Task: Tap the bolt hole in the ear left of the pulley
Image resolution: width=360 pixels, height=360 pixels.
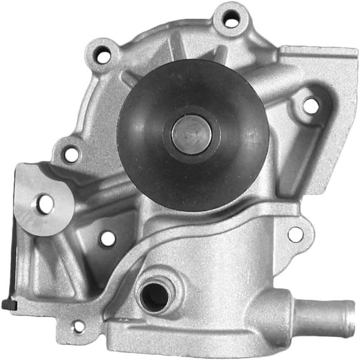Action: [x=72, y=154]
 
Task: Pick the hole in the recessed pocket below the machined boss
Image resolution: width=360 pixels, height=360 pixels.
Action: [x=107, y=238]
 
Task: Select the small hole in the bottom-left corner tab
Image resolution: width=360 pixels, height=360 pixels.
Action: [x=79, y=327]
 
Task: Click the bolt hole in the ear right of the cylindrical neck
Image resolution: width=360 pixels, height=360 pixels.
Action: [x=295, y=234]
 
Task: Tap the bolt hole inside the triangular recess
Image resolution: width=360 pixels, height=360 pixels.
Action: [x=311, y=106]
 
